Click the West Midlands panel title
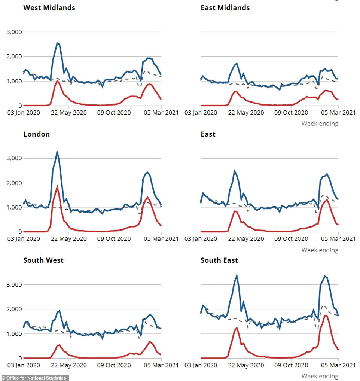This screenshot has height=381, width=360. pos(49,7)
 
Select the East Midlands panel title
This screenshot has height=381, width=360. pos(225,7)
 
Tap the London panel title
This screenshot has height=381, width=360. pos(36,134)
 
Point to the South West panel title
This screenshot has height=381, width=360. pos(43,260)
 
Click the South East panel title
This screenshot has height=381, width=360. pos(219,260)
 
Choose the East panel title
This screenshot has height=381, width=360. pos(208,134)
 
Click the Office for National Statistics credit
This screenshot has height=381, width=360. pos(35,378)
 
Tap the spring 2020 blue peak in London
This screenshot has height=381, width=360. pos(57,152)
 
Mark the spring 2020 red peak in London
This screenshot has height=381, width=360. pos(57,186)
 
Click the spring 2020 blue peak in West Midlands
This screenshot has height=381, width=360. pos(57,43)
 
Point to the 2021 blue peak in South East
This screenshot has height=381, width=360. pos(325,276)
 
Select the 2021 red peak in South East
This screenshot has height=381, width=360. pos(325,315)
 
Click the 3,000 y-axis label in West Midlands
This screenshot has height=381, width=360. pos(14,32)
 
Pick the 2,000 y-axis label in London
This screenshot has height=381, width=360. pos(14,183)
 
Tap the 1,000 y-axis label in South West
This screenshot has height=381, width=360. pos(14,334)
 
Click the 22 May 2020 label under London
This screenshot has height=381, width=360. pos(69,239)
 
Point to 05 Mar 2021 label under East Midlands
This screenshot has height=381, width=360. pos(339,112)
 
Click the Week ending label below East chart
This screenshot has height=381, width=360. pos(320,250)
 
